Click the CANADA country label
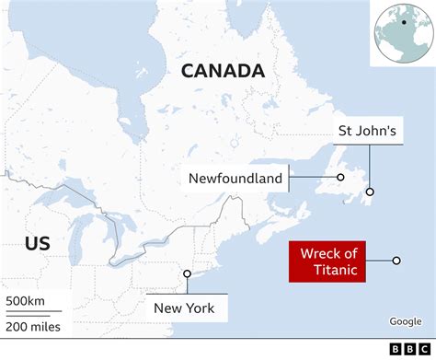(223, 71)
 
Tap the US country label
(38, 243)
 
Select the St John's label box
(366, 133)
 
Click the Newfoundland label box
(235, 178)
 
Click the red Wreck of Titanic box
(327, 261)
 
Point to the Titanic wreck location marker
(396, 261)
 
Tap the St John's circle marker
(370, 192)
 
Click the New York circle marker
(187, 273)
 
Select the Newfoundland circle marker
(340, 178)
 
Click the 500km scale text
(25, 301)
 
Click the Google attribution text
(405, 321)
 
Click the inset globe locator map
(401, 33)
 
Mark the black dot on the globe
(403, 21)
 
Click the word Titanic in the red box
(327, 270)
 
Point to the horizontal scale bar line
(31, 312)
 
